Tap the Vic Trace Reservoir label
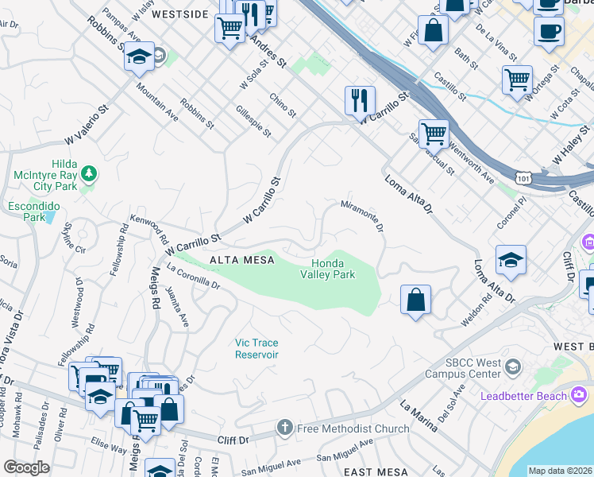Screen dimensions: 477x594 [x=256, y=348]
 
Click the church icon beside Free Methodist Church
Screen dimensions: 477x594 [x=285, y=429]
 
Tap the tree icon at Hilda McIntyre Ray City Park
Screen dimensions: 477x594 [x=89, y=173]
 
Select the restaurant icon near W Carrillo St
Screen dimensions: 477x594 [x=360, y=99]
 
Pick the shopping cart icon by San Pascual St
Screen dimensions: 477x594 [x=434, y=134]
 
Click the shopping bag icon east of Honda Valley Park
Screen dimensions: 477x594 [x=415, y=300]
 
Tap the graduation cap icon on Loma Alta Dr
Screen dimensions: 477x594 [x=511, y=259]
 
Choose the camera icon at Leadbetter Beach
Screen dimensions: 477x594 [x=578, y=394]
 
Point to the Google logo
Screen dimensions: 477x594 [x=26, y=467]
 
